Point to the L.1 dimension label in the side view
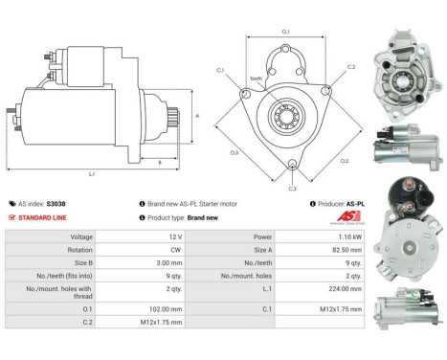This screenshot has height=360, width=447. tap(92, 173)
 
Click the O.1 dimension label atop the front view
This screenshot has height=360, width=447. tap(285, 32)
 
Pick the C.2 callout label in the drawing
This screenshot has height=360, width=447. tap(350, 67)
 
